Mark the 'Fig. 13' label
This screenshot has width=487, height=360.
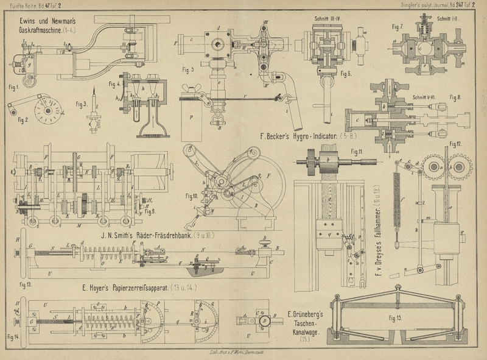(x=26, y=284)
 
